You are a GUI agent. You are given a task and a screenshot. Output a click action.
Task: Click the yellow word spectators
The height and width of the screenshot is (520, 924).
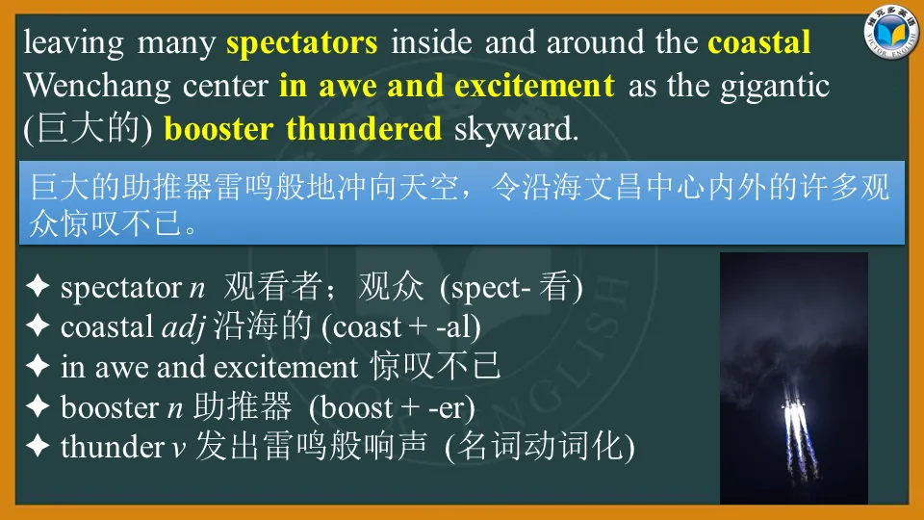coord(301,44)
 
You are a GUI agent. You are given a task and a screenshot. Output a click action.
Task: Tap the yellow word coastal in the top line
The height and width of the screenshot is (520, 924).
coord(759,42)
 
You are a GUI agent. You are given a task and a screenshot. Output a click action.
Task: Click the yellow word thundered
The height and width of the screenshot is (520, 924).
coord(364,128)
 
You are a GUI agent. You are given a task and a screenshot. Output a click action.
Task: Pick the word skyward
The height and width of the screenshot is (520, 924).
coord(516,130)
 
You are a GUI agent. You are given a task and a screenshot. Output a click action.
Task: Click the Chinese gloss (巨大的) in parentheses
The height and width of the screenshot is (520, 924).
coord(88,128)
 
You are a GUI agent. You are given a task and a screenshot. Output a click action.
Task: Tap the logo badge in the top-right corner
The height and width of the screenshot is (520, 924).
coord(891,34)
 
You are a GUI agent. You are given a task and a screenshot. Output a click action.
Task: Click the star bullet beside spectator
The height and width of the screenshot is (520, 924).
coord(38,287)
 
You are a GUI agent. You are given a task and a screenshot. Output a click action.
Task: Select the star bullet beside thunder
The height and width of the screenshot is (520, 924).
coord(38,446)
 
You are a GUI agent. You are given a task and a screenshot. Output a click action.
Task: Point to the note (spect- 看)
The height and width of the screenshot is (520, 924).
coord(511,287)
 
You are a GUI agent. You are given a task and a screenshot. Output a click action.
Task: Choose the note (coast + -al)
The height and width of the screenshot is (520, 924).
coord(400,327)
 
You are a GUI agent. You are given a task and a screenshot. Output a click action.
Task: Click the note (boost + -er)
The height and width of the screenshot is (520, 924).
coord(392,407)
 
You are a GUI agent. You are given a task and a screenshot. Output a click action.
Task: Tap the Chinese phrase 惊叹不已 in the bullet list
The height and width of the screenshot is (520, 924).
coord(435,366)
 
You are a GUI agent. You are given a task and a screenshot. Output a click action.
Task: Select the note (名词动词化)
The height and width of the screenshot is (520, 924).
coord(540,446)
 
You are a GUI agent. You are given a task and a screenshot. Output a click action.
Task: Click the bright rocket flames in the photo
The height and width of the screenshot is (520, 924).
coord(793,419)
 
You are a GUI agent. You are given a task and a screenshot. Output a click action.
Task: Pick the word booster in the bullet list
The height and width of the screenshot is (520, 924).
coord(110,407)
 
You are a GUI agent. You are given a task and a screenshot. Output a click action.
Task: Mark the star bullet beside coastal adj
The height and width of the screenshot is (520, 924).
coord(38,325)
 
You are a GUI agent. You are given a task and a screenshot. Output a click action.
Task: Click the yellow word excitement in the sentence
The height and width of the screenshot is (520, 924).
coord(534,86)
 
